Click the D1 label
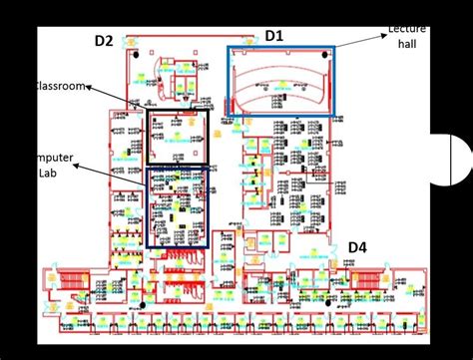pyautogui.click(x=273, y=36)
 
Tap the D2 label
pyautogui.click(x=104, y=40)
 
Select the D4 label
pyautogui.click(x=357, y=247)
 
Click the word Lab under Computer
pyautogui.click(x=49, y=172)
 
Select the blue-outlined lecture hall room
pyautogui.click(x=281, y=81)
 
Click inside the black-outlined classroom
pyautogui.click(x=178, y=137)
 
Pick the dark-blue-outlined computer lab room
pyautogui.click(x=177, y=205)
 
